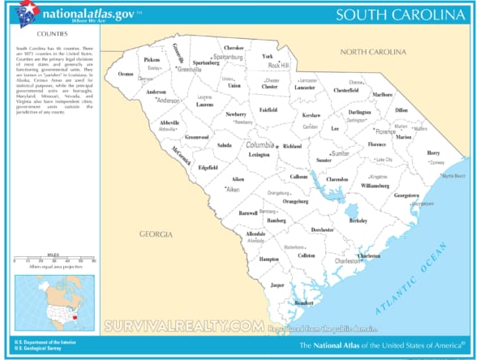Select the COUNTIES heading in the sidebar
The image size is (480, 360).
point(51,35)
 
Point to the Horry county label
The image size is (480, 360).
point(434,152)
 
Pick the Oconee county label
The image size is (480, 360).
point(126,74)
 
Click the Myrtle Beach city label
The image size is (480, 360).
point(452,175)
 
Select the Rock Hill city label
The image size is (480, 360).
point(279,65)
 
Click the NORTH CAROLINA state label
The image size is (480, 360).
point(373,52)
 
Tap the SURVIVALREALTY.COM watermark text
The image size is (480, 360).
point(182,326)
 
